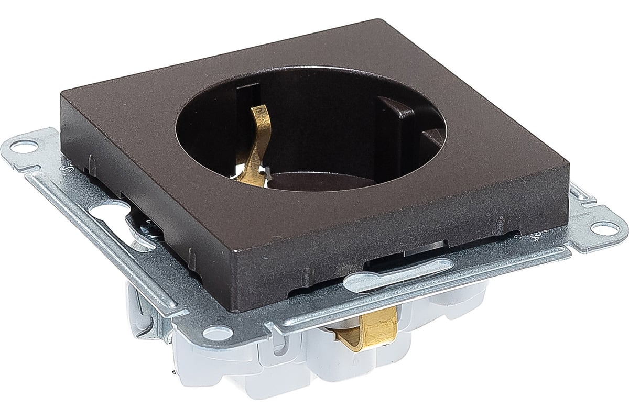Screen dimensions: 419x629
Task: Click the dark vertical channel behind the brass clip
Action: [x=243, y=110]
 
